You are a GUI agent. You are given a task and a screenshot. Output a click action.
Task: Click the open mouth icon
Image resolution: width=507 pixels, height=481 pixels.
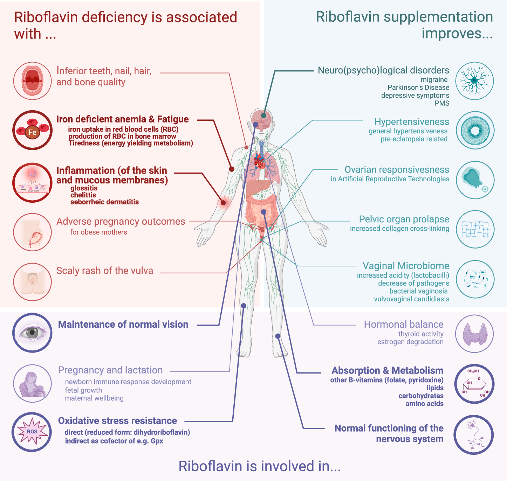tap(33, 81)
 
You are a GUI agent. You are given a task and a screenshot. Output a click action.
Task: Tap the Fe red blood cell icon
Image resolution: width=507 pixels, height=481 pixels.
tap(33, 130)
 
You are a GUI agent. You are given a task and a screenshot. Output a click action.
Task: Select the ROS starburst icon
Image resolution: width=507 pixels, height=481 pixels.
tap(32, 432)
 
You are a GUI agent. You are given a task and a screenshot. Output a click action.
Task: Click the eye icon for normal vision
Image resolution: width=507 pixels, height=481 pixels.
tap(32, 332)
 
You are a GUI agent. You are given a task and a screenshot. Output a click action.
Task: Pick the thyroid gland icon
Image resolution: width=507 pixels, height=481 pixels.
tap(475, 334)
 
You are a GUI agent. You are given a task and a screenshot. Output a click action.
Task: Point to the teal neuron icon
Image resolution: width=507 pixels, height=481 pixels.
tap(474, 81)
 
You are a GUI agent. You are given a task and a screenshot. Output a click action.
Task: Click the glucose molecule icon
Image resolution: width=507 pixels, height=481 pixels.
tap(474, 384)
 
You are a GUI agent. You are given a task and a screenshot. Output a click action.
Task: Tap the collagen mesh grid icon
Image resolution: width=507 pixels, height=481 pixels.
tap(475, 229)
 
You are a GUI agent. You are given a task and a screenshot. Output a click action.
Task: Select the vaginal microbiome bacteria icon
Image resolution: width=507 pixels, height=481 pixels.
tap(475, 279)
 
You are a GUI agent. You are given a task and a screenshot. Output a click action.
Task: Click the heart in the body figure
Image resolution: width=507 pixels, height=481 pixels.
tap(259, 162)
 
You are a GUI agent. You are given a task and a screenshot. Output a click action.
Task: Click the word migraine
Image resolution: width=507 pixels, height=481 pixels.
tap(434, 80)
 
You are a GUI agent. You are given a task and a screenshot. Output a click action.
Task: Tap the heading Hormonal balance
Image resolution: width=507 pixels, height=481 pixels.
tap(403, 324)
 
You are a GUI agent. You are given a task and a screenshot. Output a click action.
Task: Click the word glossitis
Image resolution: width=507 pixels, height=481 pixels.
tap(84, 188)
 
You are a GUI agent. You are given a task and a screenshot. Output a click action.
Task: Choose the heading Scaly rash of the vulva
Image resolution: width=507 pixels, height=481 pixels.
tap(104, 271)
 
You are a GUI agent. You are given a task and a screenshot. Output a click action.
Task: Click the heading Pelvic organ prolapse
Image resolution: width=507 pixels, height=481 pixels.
tap(404, 219)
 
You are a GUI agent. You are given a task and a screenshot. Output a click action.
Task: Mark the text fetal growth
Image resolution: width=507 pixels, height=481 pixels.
tap(83, 390)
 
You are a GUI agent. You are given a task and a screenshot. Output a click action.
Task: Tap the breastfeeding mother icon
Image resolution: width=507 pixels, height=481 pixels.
tap(32, 384)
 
